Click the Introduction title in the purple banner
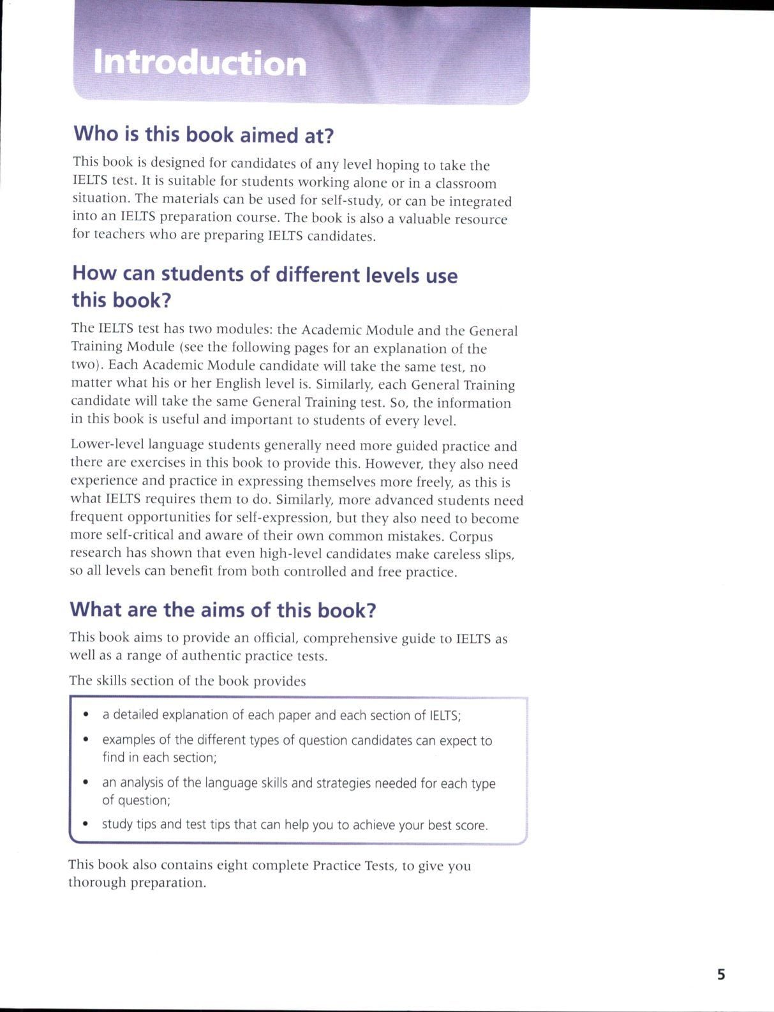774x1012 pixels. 200,63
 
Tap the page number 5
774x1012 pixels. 721,974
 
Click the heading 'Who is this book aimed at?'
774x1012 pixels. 204,135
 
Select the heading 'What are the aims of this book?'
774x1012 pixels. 223,610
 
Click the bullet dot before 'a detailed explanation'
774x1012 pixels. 86,714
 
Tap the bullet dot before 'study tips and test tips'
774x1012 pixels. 86,824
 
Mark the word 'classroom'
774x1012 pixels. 466,184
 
